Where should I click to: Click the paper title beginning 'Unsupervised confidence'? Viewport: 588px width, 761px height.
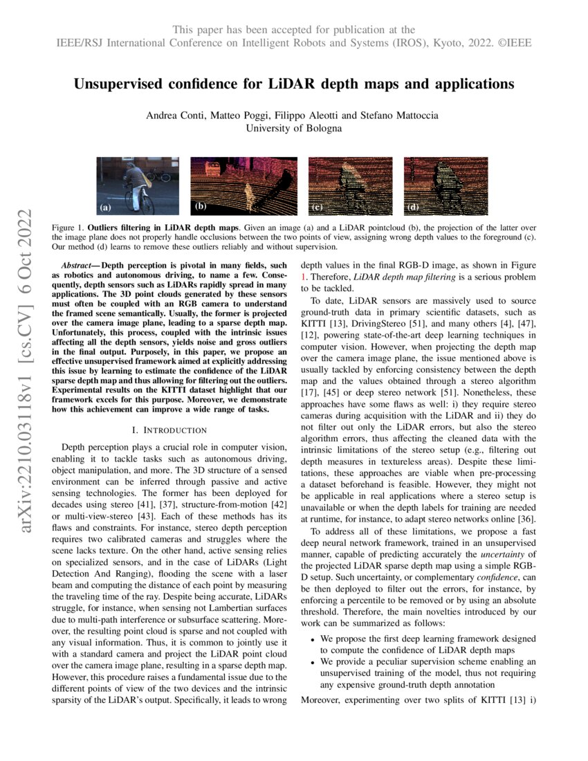coord(294,84)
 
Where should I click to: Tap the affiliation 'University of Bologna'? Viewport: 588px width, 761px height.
coord(294,127)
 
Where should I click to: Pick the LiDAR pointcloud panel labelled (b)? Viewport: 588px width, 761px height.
coord(244,185)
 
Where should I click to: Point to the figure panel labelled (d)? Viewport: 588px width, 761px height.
coord(445,185)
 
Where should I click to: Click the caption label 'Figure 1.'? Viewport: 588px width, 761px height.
coord(67,227)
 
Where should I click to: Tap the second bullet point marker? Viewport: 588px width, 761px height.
coord(313,662)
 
